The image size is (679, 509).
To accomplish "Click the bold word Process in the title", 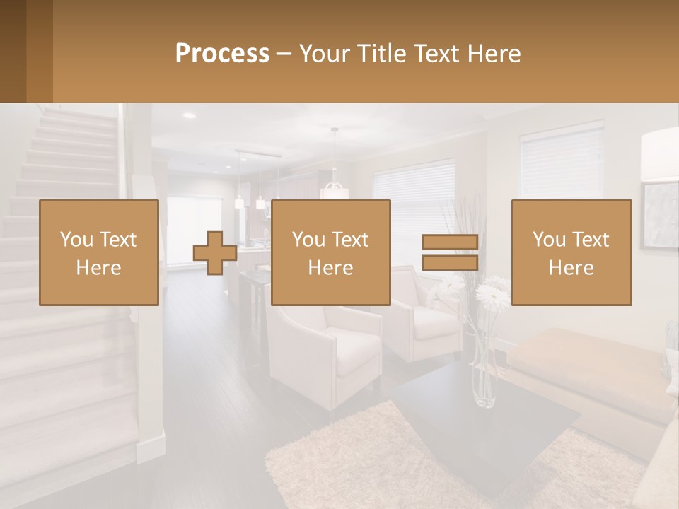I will pos(222,53).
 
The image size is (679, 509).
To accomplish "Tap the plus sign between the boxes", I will pos(214,253).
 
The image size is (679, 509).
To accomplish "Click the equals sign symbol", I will pos(450,252).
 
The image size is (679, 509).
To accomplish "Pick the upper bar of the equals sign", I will pos(450,242).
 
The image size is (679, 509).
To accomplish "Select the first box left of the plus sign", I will pos(99,252).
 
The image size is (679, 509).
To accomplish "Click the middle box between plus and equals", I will pos(330,252).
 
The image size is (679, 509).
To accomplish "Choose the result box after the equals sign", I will pos(571,252).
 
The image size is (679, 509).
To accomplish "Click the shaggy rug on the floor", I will pos(339,460).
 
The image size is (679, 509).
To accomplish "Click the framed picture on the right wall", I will pos(659,216).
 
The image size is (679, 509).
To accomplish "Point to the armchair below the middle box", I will pos(329,346).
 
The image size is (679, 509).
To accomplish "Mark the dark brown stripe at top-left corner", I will pos(13,51).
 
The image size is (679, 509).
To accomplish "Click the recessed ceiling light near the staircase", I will pos(188,115).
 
